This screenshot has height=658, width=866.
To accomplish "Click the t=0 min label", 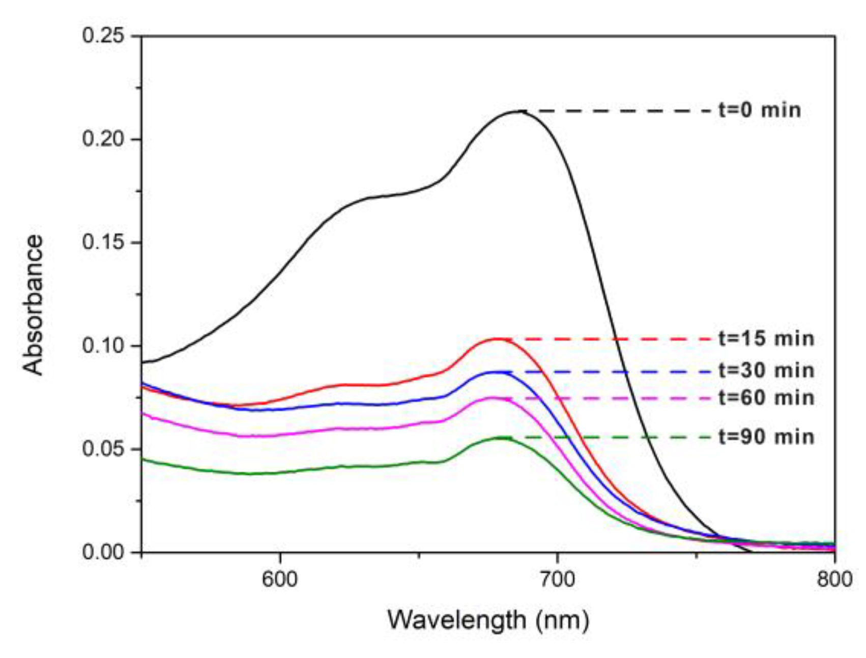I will click(x=760, y=110).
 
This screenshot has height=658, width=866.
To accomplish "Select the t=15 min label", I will click(x=766, y=338).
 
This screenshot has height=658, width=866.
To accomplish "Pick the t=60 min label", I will click(x=766, y=397).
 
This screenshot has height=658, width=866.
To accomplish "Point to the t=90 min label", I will click(x=766, y=437).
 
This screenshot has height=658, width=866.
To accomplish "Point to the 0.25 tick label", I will click(x=103, y=36).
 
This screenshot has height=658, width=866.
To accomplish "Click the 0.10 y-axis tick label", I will click(x=103, y=346).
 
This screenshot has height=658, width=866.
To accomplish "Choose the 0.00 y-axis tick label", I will click(x=103, y=552).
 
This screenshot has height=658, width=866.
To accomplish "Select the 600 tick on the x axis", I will click(x=280, y=579).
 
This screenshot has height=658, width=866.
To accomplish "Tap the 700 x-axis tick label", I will click(x=558, y=579).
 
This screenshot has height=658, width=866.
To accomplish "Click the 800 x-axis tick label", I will click(x=834, y=579).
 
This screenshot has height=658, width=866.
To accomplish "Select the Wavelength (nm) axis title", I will click(x=488, y=620).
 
